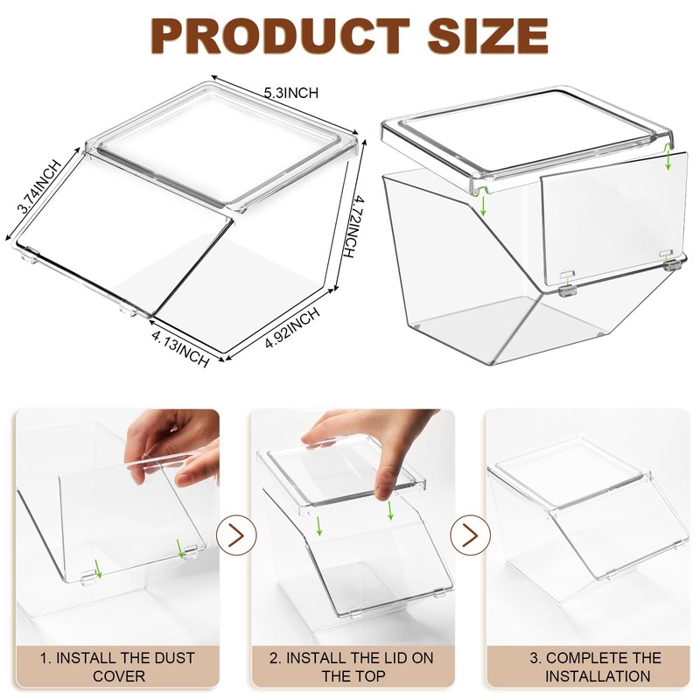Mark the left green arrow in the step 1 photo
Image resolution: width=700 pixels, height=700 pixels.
[98, 569]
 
